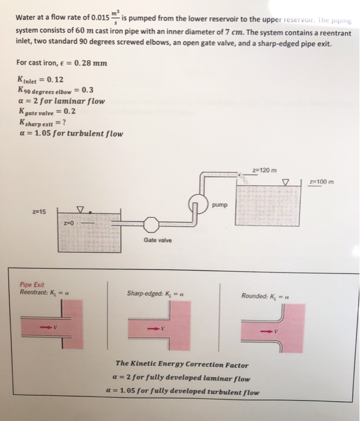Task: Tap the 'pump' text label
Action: [220, 204]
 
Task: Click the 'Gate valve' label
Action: [157, 240]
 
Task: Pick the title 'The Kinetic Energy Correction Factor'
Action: [182, 364]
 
